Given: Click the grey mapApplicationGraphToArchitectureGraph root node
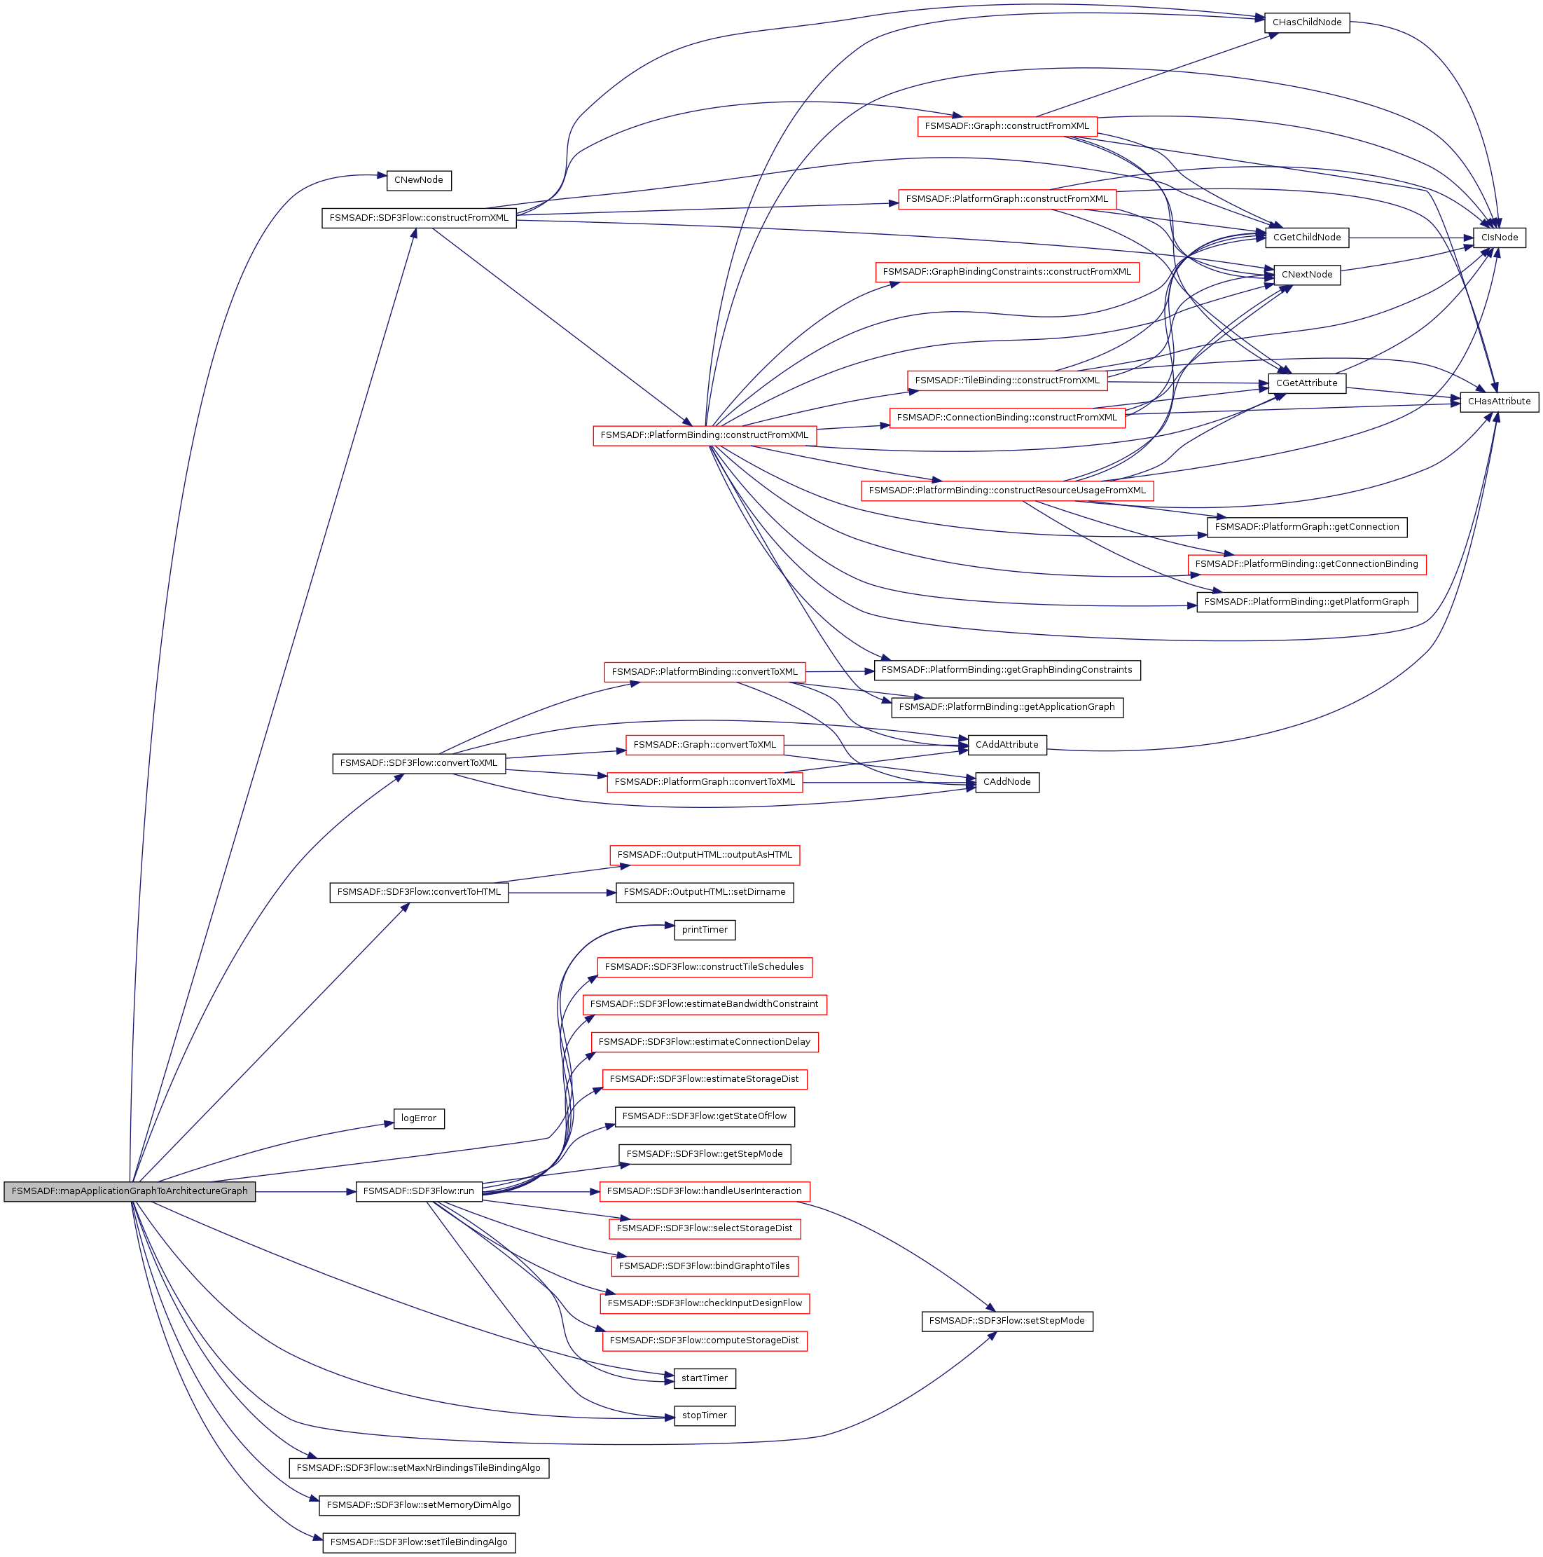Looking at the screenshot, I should point(130,1191).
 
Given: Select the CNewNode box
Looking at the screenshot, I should point(418,181).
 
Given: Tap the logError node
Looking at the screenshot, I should point(418,1118).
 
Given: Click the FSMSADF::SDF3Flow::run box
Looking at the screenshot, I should point(418,1191).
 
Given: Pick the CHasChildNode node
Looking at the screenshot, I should point(1306,22).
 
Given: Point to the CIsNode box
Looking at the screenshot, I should point(1499,238).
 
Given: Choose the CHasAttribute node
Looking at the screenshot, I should point(1499,402).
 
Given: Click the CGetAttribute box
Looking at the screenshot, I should point(1306,383).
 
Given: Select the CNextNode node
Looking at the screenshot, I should point(1306,275).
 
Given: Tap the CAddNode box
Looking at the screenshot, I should point(1006,782).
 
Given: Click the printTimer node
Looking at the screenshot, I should point(704,930).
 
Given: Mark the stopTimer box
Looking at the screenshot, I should point(704,1415).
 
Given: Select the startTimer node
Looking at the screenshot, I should point(704,1378).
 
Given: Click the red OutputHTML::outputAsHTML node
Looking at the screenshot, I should point(704,855).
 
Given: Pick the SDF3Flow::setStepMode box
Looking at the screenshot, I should point(1006,1321).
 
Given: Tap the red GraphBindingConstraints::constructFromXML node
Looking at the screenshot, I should point(1006,273).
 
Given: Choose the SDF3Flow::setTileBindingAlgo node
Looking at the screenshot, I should point(418,1542).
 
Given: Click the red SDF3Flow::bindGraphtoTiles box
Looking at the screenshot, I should point(704,1266).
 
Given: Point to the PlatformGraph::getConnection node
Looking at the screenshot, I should point(1306,527).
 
